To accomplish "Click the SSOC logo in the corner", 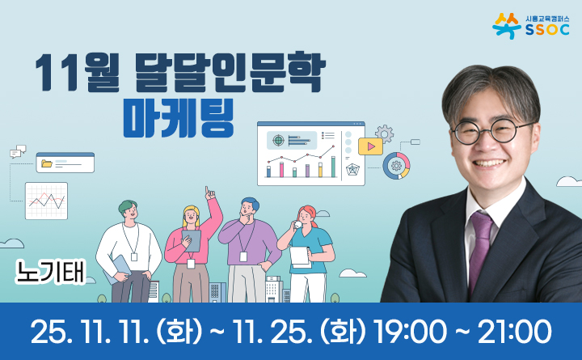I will pos(533,26).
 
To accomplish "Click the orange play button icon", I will pos(370,147).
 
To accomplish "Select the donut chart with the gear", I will pos(396,166).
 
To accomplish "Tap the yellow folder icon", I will pos(47,163).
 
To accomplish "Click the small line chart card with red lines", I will pos(46,201).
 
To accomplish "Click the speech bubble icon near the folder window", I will pos(18,150).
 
